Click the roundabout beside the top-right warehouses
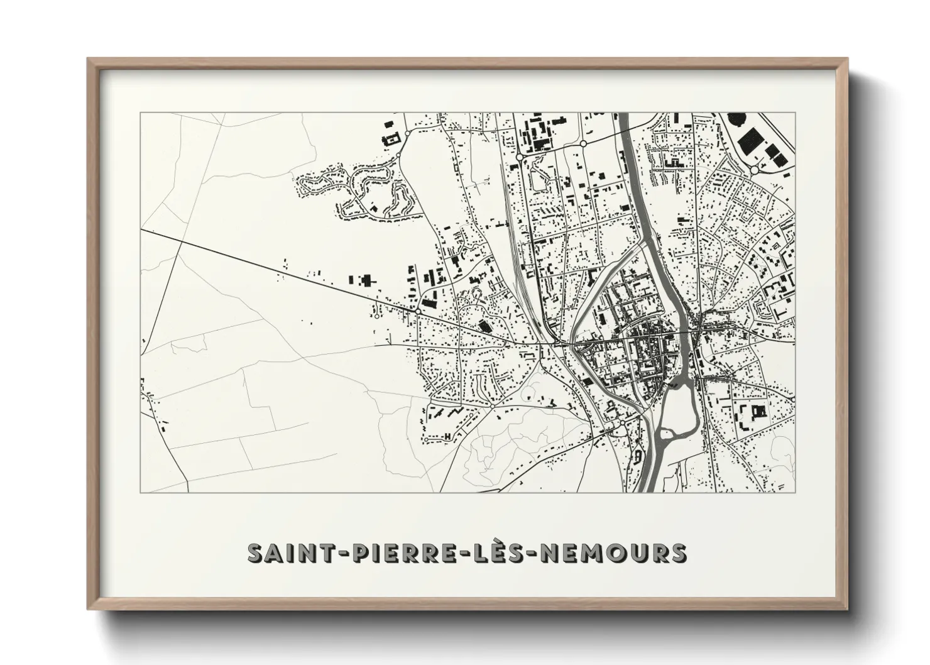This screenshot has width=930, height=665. point(755,170)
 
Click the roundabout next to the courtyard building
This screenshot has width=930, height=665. point(407,134)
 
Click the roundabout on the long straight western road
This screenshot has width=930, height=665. point(418,311)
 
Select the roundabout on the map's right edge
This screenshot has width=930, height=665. point(794,399)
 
